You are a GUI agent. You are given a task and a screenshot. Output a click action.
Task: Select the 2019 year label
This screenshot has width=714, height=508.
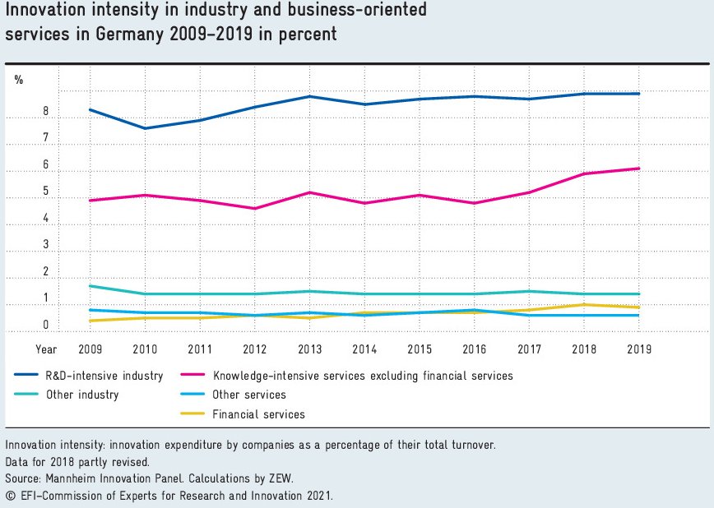(639, 349)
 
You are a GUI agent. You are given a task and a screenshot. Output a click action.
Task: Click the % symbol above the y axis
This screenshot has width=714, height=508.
(19, 80)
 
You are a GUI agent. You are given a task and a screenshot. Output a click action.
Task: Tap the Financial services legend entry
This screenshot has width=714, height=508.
(258, 414)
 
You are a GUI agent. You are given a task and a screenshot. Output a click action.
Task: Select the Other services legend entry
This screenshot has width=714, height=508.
(249, 395)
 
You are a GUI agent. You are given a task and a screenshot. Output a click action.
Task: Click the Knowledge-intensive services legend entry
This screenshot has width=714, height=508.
(363, 376)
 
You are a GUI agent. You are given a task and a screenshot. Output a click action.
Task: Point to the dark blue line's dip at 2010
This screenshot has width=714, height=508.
(146, 128)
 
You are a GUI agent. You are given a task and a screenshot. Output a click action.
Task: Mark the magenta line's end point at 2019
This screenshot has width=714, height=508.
(639, 169)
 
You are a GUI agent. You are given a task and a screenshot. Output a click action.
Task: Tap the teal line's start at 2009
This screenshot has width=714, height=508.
(90, 286)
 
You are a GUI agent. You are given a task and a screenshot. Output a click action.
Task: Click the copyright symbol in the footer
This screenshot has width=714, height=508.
(10, 496)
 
